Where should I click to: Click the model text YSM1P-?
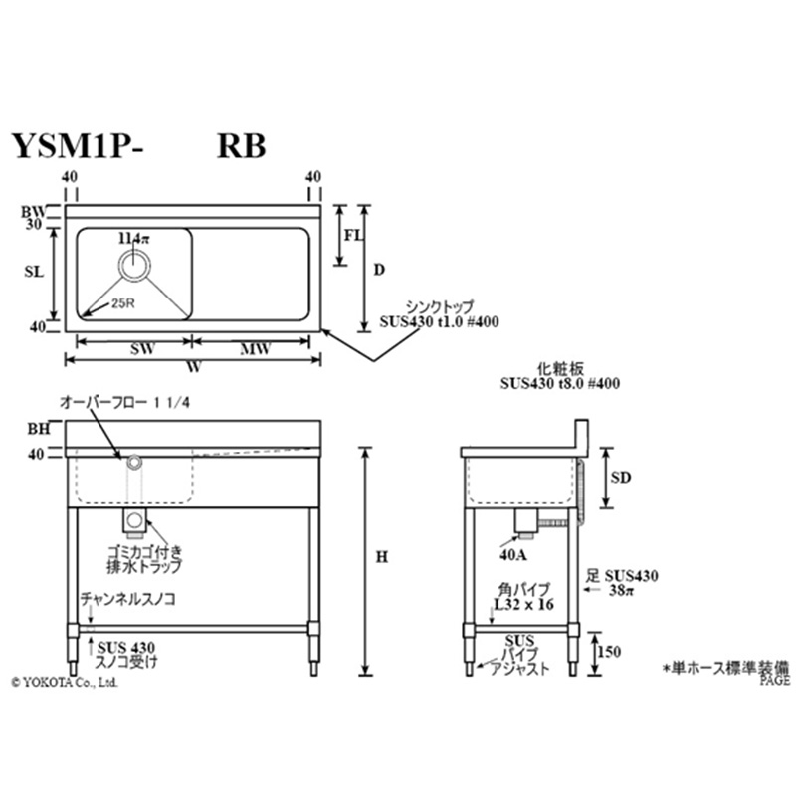click(78, 145)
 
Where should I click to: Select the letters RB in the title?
click(242, 145)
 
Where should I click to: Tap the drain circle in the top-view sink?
click(134, 266)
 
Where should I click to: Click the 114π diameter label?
click(131, 239)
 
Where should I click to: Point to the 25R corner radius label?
click(122, 303)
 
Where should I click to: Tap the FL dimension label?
click(352, 236)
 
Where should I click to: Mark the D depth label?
click(378, 269)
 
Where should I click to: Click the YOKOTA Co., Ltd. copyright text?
click(65, 683)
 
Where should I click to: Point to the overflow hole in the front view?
click(133, 460)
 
